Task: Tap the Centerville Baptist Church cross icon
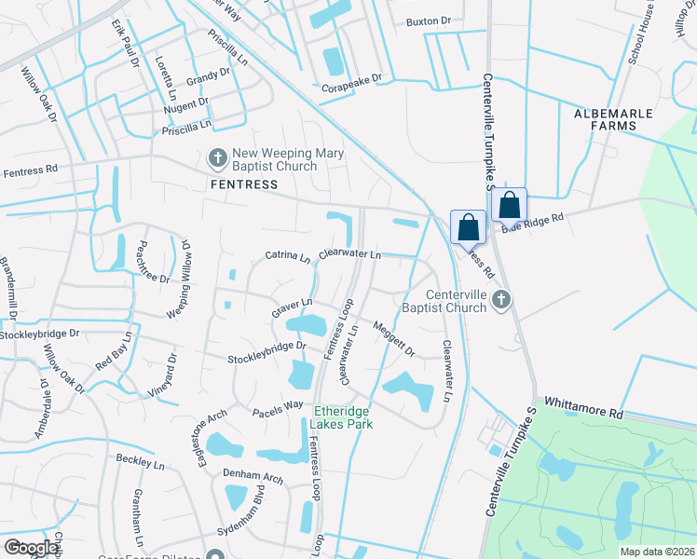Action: [x=501, y=299]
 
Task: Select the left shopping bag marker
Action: [x=468, y=226]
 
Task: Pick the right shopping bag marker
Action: [x=510, y=204]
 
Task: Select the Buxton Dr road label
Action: [x=428, y=20]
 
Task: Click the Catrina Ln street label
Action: [x=287, y=255]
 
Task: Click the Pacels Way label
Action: [x=277, y=407]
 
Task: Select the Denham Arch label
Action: [x=253, y=477]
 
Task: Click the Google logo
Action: [x=31, y=548]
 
